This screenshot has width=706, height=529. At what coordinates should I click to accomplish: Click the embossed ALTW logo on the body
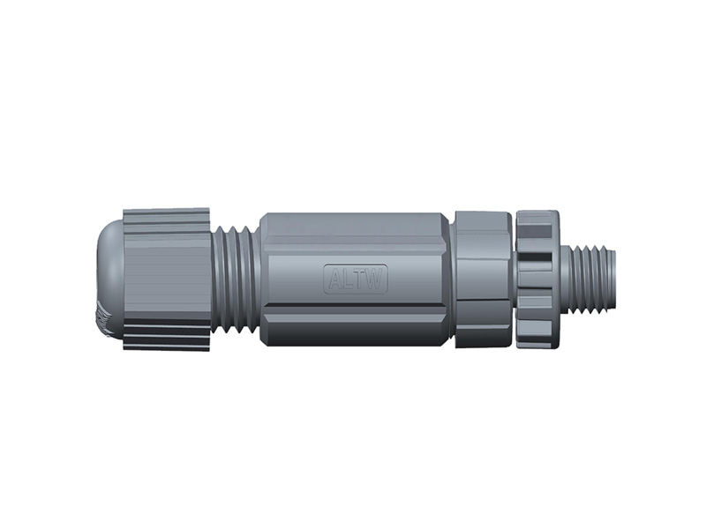356,279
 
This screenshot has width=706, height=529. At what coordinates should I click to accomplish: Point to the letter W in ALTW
376,279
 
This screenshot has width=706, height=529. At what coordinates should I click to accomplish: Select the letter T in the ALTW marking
361,279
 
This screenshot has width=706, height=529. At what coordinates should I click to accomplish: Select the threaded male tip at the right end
591,278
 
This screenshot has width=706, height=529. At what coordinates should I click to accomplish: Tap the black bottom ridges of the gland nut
168,336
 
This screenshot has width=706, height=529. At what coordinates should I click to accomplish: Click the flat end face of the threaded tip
616,278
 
